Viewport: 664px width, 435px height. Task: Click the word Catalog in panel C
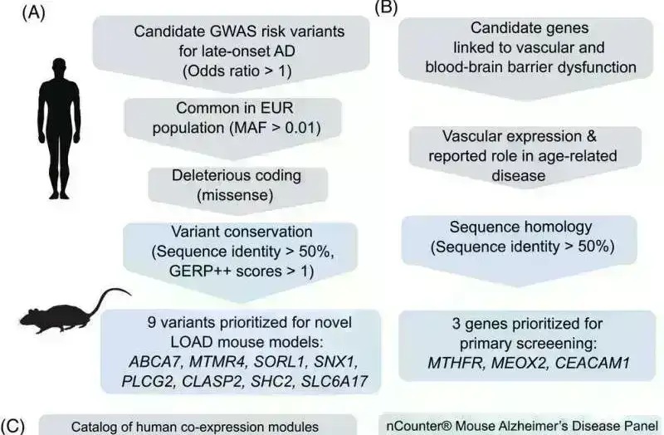pyautogui.click(x=93, y=427)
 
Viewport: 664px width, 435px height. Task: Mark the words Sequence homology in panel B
pyautogui.click(x=509, y=227)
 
